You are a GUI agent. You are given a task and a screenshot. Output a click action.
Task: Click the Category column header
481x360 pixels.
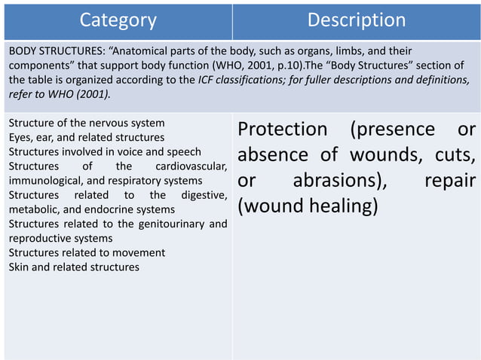(118, 20)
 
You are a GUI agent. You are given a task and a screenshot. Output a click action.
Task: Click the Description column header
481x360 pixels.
(356, 20)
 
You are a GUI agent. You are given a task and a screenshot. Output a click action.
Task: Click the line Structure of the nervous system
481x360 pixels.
(86, 123)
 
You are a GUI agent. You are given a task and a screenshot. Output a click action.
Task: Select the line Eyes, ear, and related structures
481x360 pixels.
(86, 137)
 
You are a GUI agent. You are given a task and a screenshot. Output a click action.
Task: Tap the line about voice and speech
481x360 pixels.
(105, 151)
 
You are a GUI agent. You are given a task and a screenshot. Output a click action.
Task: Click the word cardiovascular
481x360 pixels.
(191, 166)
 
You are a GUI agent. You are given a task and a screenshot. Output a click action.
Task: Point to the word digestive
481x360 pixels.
(204, 195)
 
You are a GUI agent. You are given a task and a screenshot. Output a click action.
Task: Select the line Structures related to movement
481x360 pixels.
(86, 252)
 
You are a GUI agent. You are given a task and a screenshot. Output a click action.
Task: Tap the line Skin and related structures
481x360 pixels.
(73, 267)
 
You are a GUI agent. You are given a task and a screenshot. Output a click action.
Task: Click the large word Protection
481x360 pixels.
(283, 130)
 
